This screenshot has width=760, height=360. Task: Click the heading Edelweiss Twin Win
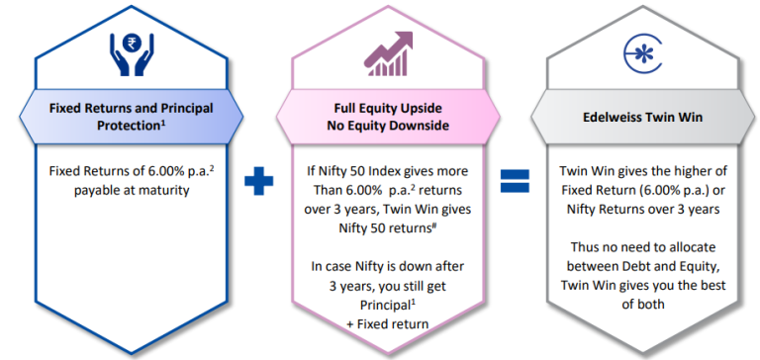tap(634, 116)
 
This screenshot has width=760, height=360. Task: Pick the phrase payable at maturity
tap(130, 190)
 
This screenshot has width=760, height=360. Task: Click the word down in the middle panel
tap(406, 266)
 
